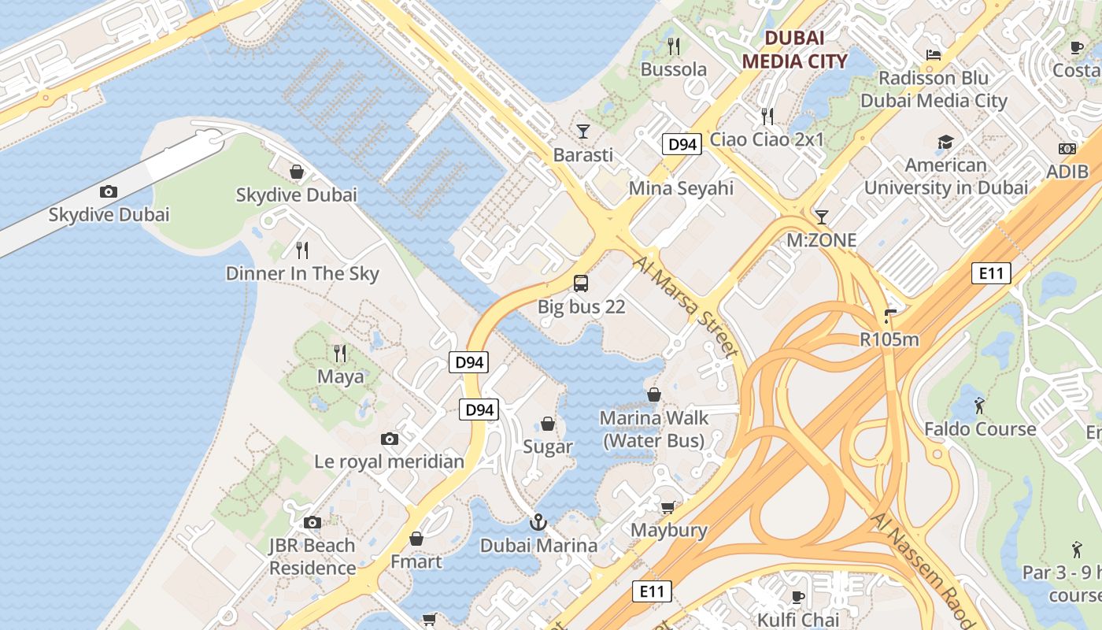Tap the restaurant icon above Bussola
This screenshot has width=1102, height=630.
pos(673,46)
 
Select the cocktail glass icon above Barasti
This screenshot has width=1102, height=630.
pos(582,131)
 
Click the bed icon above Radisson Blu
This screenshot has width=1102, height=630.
pos(934,55)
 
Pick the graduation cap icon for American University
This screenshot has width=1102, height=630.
pos(945,142)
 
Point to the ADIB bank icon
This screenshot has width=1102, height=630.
pos(1067,149)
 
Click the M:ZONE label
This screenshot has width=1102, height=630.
pos(822,240)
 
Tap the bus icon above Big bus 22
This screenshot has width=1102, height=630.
pos(581,283)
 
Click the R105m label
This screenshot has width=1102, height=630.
pos(889,339)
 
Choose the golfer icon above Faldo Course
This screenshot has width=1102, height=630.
pos(979,406)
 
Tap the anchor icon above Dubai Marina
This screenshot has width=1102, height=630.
pos(538,521)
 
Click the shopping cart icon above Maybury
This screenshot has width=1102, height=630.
pos(668,507)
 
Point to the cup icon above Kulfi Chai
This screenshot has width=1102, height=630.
pos(797,596)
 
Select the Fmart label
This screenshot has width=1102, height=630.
pos(416,561)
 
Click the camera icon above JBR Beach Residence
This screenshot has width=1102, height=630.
pos(312,522)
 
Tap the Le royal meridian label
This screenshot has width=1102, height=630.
pos(389,461)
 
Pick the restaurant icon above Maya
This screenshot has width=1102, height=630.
pos(340,353)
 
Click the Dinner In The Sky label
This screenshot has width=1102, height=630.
pos(302,273)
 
